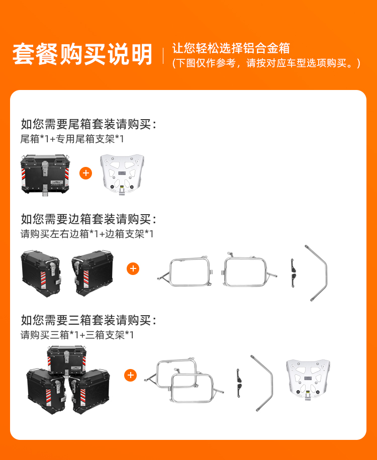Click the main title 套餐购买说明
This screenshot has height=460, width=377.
pyautogui.click(x=82, y=54)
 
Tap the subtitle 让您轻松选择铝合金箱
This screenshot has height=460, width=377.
pyautogui.click(x=231, y=48)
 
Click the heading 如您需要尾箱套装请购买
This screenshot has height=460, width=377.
pyautogui.click(x=88, y=124)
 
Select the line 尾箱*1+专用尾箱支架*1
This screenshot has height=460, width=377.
pyautogui.click(x=72, y=139)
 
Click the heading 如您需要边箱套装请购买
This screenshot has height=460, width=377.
pyautogui.click(x=88, y=219)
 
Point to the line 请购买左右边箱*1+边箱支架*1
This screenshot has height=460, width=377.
pyautogui.click(x=87, y=234)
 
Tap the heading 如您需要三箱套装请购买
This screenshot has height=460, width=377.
pyautogui.click(x=88, y=320)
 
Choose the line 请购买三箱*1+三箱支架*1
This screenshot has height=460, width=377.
pyautogui.click(x=77, y=335)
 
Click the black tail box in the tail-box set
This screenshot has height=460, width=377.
pyautogui.click(x=45, y=174)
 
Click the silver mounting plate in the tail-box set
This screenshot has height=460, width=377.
pyautogui.click(x=122, y=173)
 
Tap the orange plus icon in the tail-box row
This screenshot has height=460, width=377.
pyautogui.click(x=85, y=173)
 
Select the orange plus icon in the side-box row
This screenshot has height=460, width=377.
pyautogui.click(x=133, y=268)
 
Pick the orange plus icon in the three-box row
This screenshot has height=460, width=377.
pyautogui.click(x=131, y=375)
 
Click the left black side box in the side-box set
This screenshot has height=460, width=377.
pyautogui.click(x=41, y=273)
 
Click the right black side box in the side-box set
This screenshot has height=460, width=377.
pyautogui.click(x=92, y=273)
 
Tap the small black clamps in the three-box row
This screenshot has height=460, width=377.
pyautogui.click(x=239, y=383)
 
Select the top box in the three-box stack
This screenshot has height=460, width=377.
pyautogui.click(x=66, y=361)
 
